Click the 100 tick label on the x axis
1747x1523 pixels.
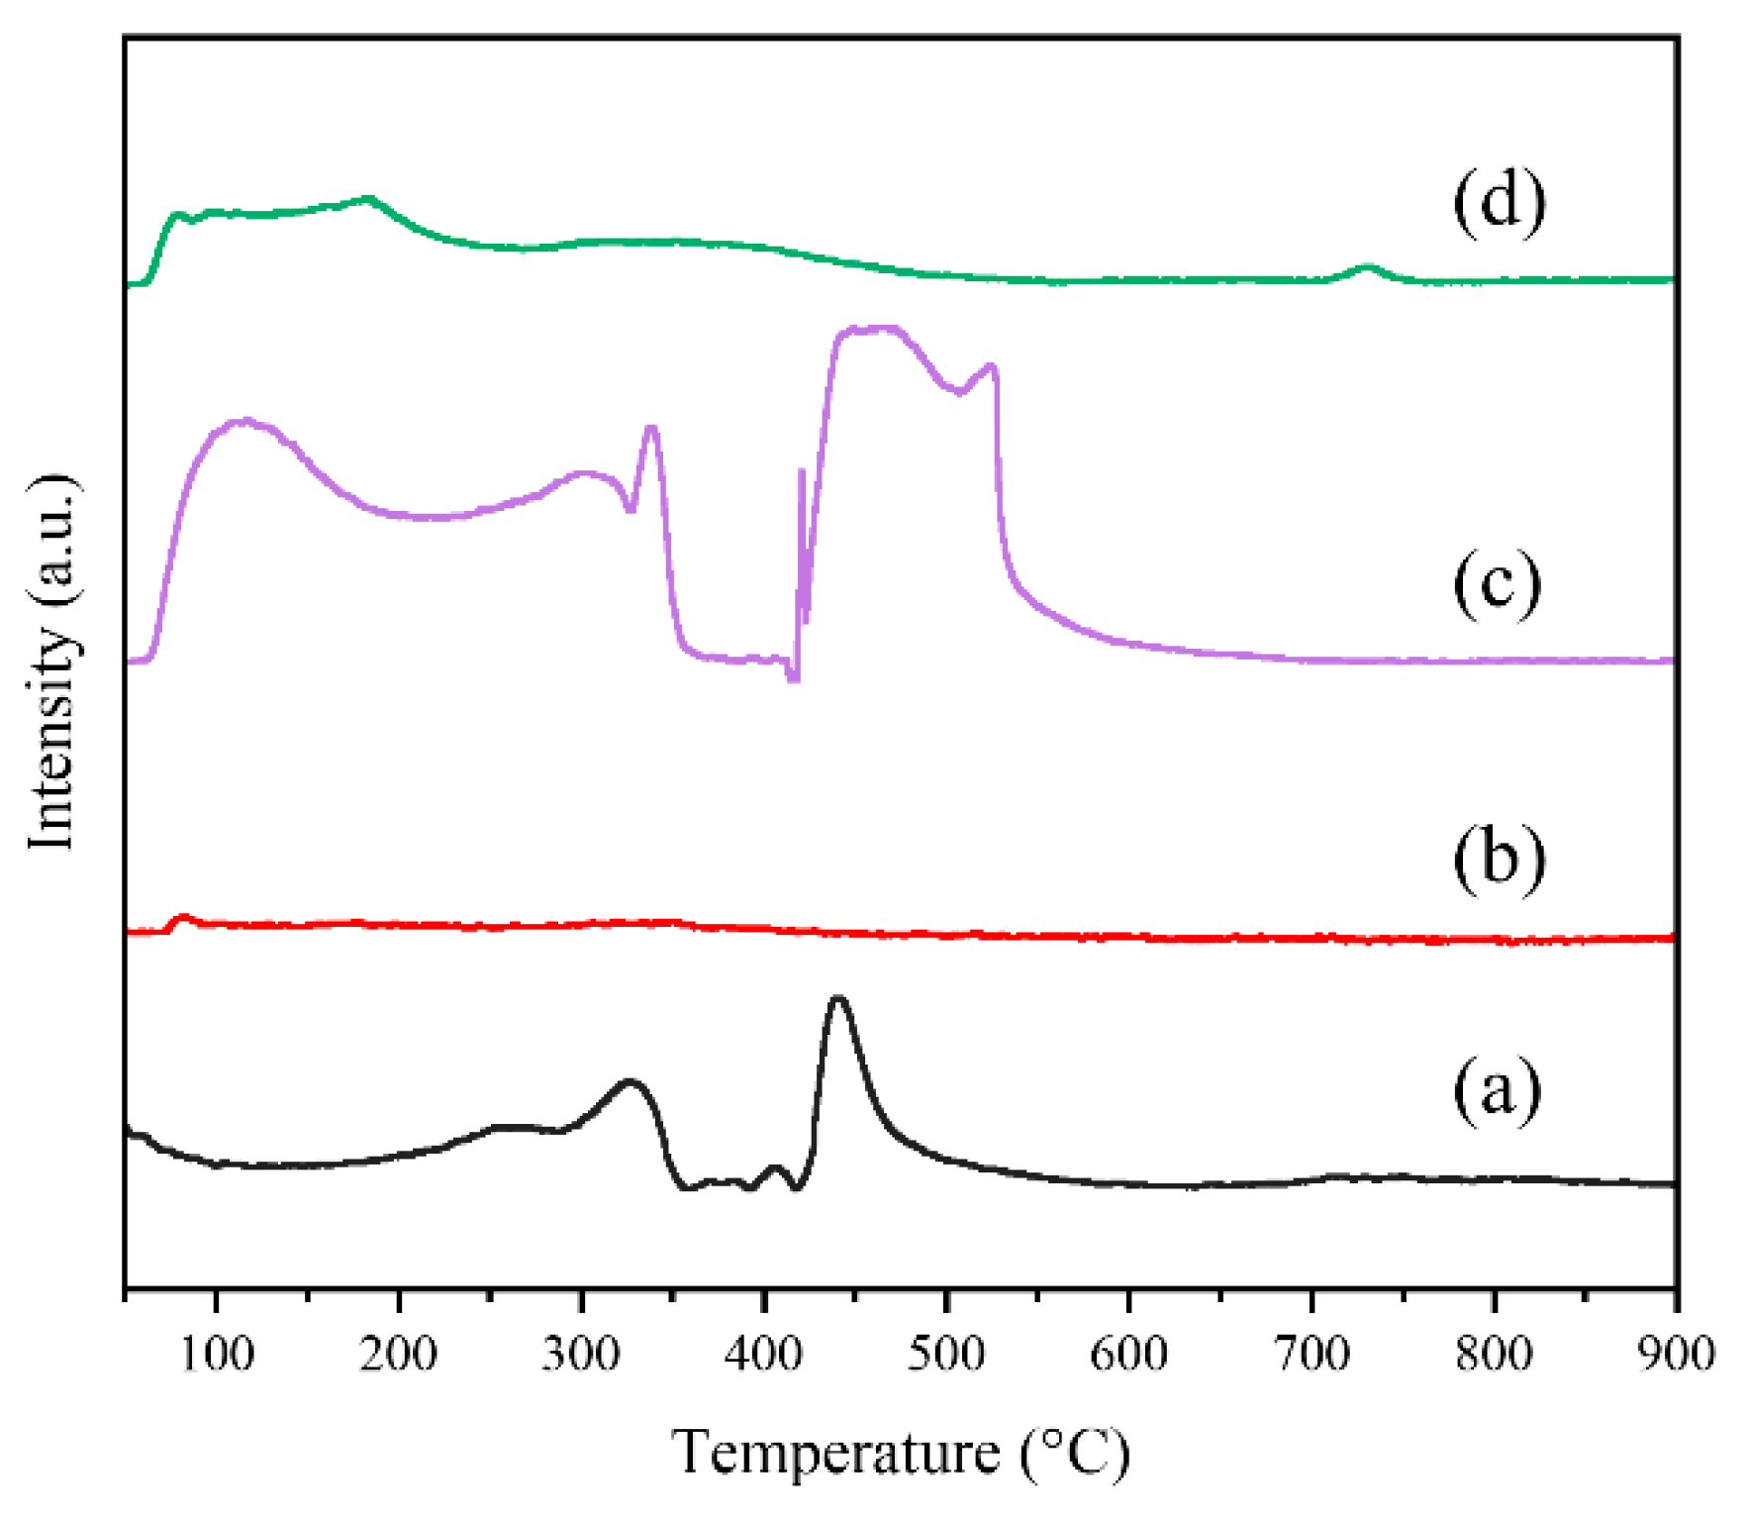[217, 1353]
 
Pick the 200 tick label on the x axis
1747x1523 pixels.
[399, 1353]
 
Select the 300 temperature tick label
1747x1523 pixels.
[581, 1353]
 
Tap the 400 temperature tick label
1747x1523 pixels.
[764, 1353]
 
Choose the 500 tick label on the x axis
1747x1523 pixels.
[946, 1353]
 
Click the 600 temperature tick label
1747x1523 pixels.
[1128, 1353]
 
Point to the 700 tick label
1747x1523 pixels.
[1311, 1353]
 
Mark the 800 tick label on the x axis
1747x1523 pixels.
[1494, 1353]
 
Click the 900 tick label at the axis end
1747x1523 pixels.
[1675, 1353]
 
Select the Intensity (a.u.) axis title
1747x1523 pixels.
[51, 661]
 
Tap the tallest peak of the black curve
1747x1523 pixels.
[838, 998]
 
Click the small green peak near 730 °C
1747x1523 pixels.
[1368, 266]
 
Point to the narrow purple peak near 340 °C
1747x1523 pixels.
[650, 428]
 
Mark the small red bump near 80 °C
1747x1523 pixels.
[182, 918]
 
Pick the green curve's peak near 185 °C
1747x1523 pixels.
[369, 199]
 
